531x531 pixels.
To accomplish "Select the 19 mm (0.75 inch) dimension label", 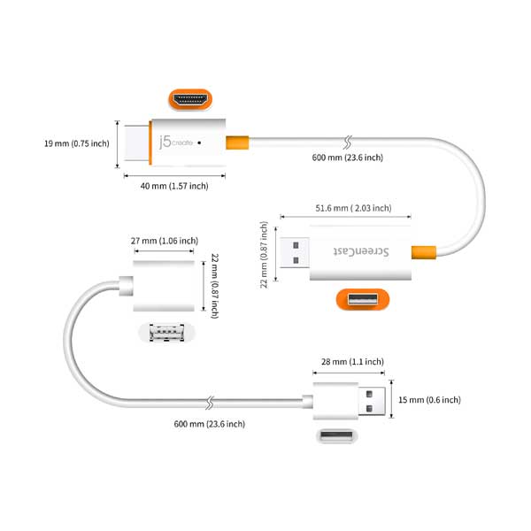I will (x=78, y=142).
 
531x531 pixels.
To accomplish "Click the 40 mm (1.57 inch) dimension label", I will (x=173, y=186).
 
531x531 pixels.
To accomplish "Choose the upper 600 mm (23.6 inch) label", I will (x=348, y=158).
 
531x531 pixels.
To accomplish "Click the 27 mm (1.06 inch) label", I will (x=164, y=241).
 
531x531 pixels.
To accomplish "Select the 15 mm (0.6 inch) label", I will (x=430, y=400).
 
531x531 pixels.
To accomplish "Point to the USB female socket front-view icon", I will (x=165, y=334).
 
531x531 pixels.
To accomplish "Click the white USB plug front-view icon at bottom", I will (x=336, y=437).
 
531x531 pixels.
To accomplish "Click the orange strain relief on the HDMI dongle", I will (x=236, y=142).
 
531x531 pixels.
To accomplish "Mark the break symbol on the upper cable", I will (x=347, y=141).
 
